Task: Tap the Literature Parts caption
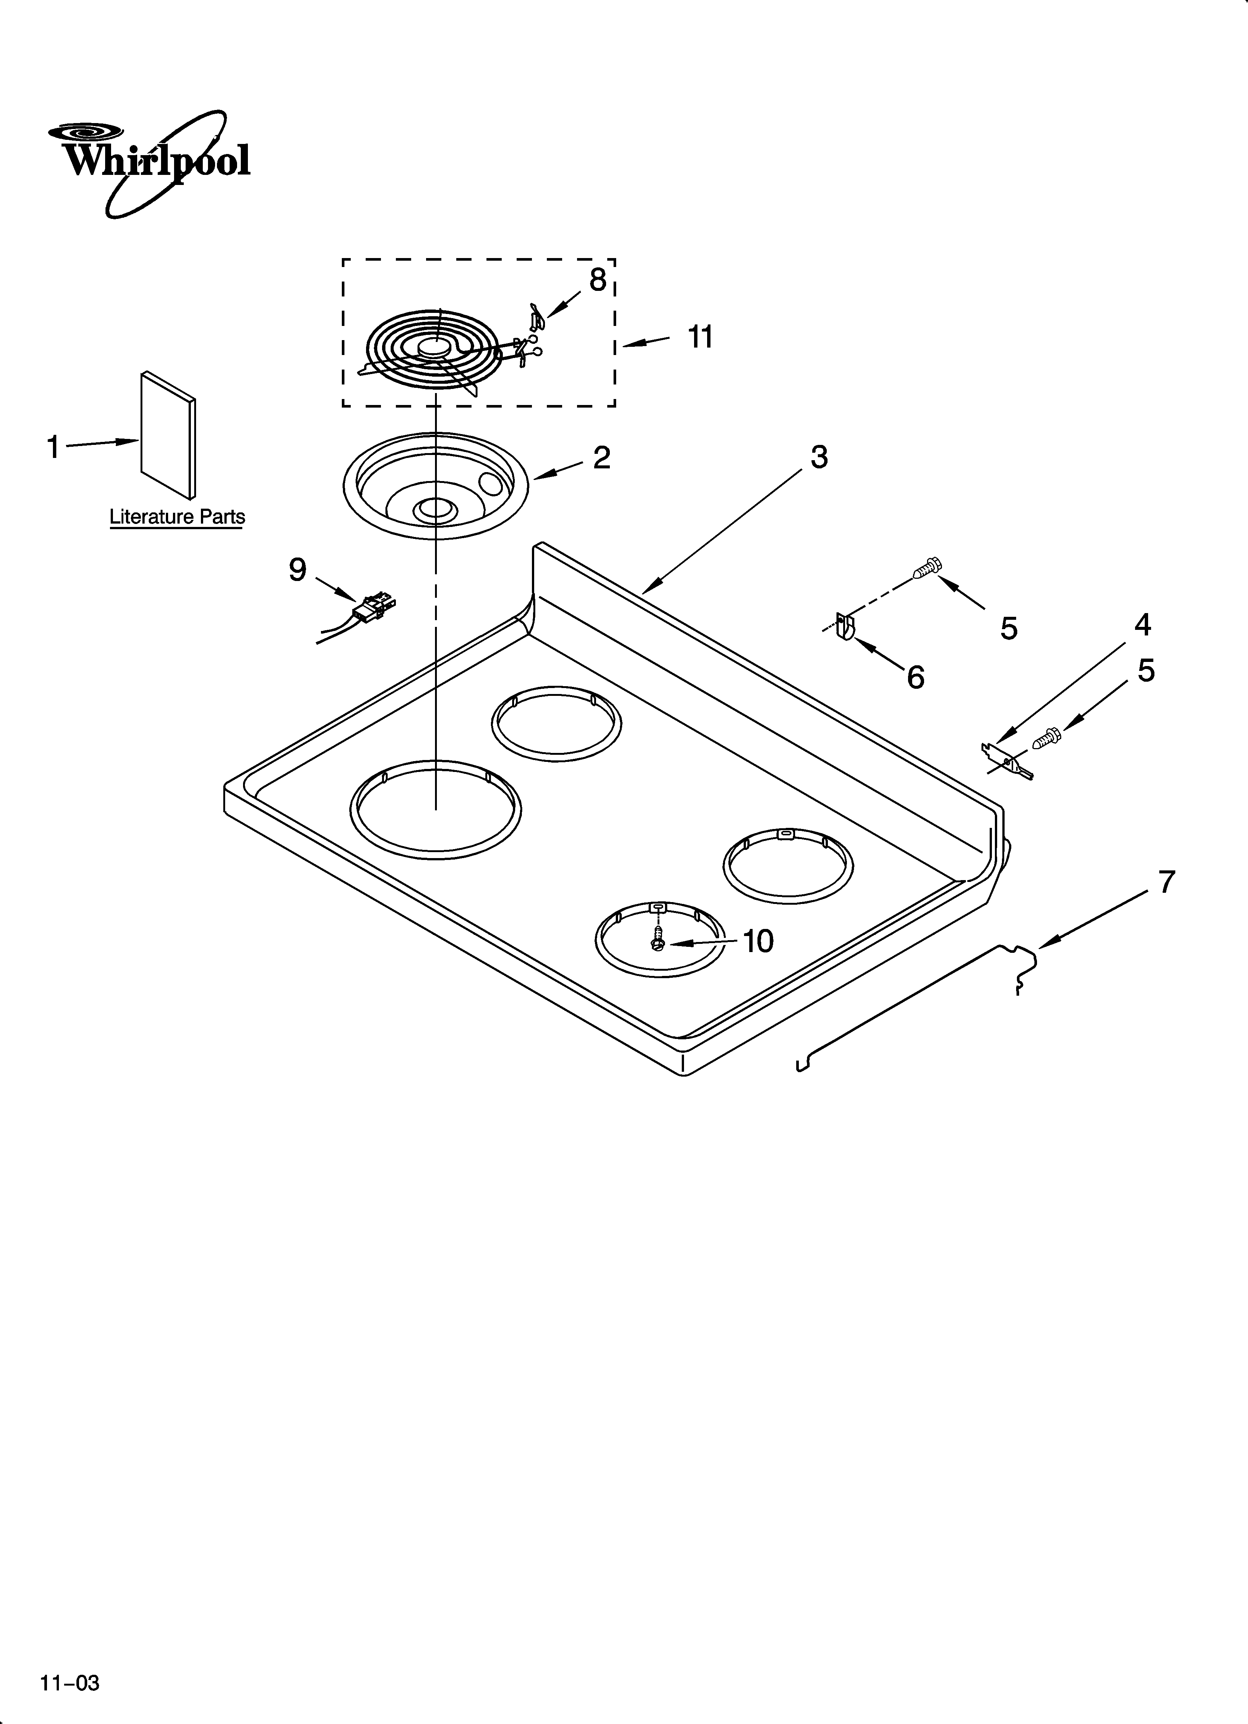point(177,517)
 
